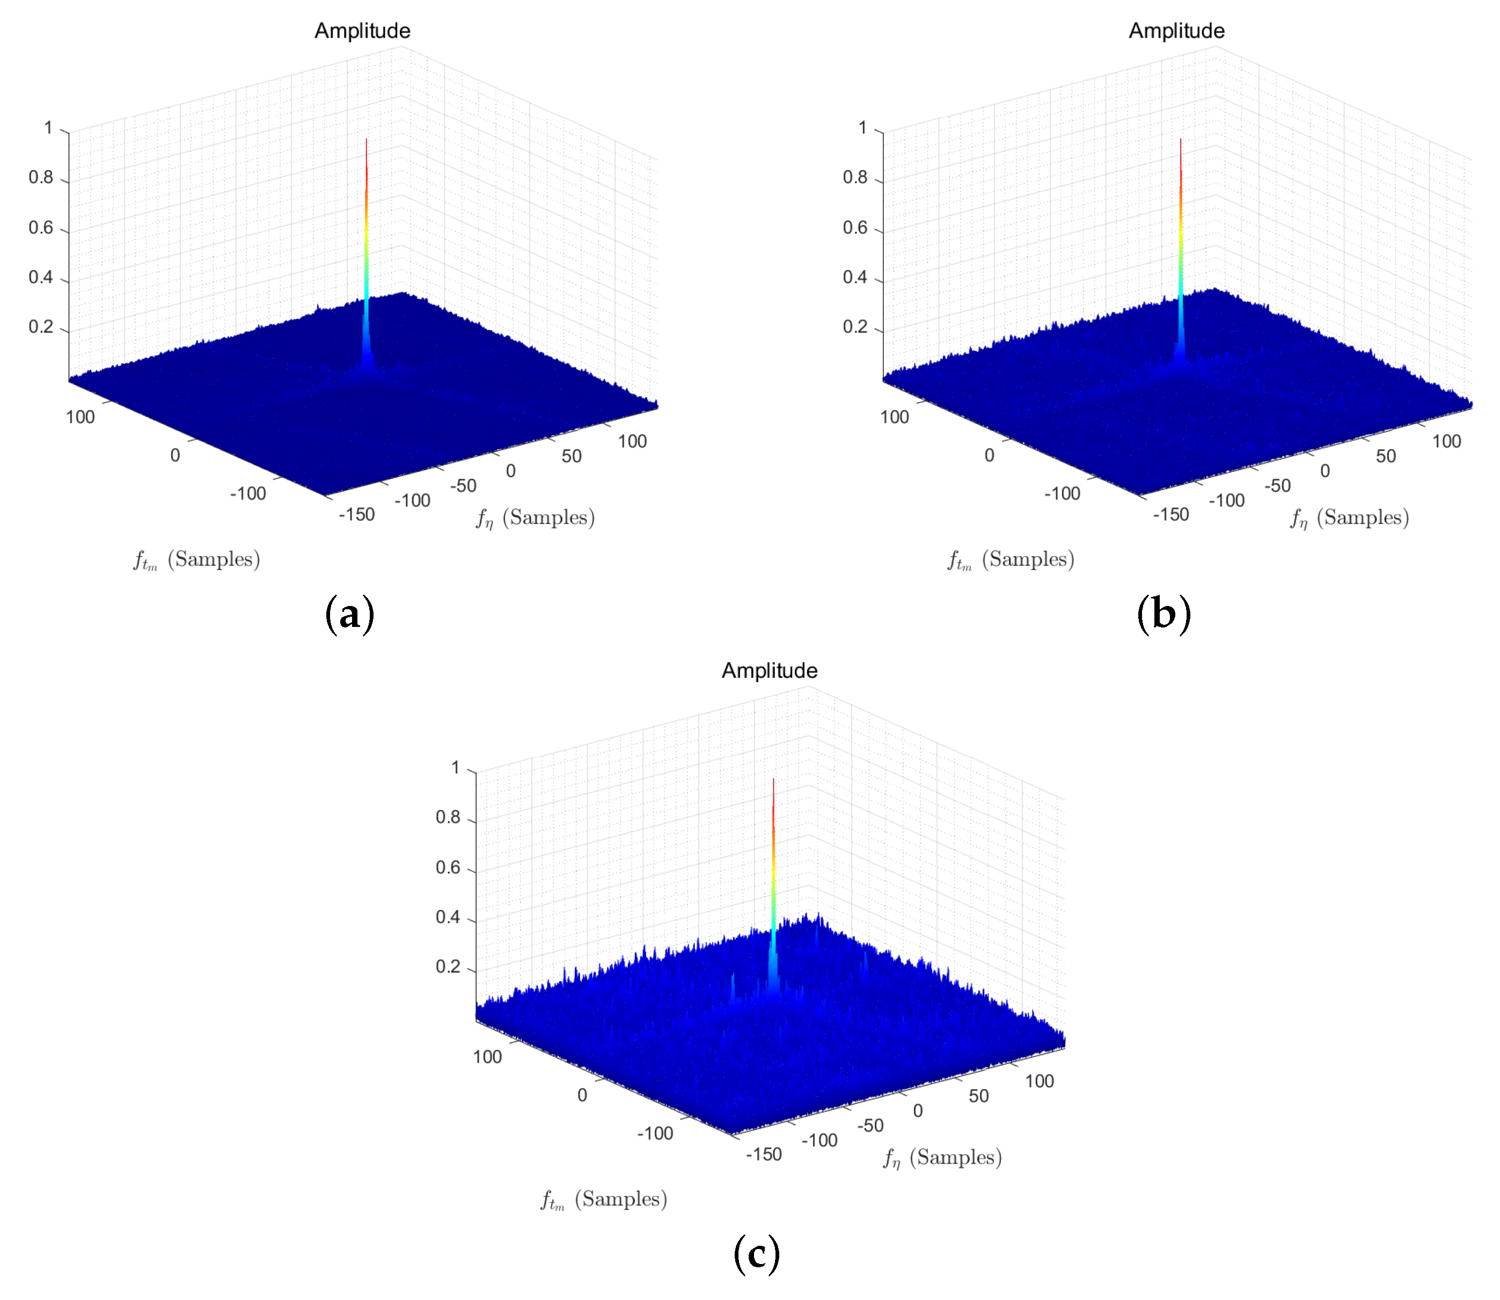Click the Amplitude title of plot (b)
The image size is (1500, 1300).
(x=1176, y=31)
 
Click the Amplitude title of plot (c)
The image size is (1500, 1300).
(x=769, y=670)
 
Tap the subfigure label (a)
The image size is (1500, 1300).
(x=349, y=614)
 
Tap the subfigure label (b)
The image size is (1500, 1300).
(x=1164, y=614)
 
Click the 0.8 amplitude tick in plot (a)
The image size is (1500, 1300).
(x=41, y=178)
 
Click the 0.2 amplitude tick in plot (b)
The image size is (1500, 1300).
(x=855, y=327)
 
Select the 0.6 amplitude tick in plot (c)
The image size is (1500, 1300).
(x=448, y=867)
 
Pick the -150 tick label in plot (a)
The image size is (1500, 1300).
(x=357, y=514)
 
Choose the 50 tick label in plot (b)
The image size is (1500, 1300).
(x=1385, y=456)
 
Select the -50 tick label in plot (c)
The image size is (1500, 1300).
(x=870, y=1125)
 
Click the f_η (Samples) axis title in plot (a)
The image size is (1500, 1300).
(x=535, y=518)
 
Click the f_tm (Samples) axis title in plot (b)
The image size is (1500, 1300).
(x=1011, y=560)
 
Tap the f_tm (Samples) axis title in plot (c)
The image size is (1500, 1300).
(x=603, y=1200)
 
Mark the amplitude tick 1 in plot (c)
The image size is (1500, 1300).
(x=456, y=768)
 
